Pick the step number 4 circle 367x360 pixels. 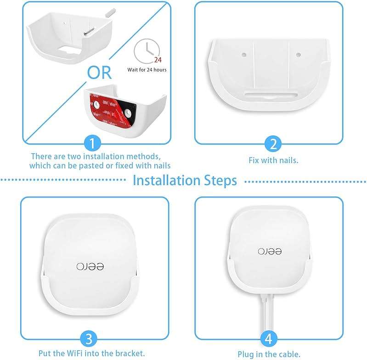(269, 339)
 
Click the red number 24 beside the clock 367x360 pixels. (157, 60)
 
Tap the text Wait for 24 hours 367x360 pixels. (147, 70)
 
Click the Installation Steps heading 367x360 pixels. (185, 180)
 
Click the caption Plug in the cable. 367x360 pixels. (269, 354)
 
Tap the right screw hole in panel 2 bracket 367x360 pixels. (299, 55)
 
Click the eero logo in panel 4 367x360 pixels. (269, 251)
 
